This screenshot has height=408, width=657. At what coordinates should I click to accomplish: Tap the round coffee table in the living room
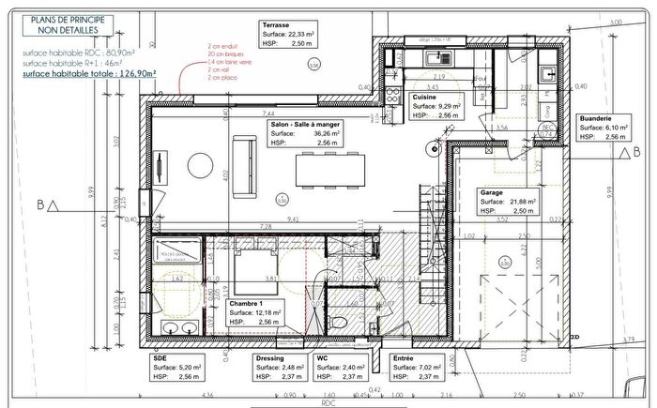coord(202,166)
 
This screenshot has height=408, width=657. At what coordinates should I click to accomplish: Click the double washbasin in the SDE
coord(176,327)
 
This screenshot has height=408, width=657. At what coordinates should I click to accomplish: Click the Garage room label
coord(494,190)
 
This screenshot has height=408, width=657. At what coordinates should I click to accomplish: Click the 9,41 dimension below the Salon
coord(293,219)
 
